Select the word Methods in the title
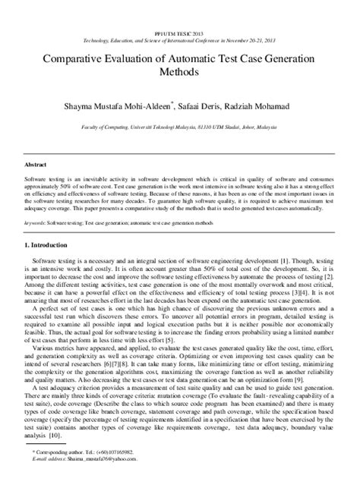(180, 73)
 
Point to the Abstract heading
(36, 164)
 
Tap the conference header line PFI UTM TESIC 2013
(180, 14)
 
